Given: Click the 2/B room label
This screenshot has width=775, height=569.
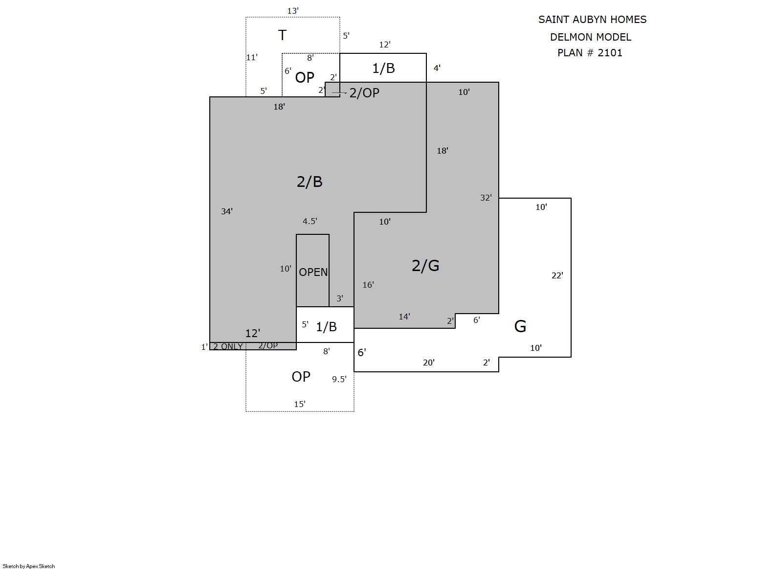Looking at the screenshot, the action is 310,182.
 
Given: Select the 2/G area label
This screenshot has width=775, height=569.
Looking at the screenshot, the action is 425,266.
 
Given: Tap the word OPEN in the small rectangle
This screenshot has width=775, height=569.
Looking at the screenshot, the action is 313,273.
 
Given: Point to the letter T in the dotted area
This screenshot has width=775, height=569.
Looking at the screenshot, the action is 282,35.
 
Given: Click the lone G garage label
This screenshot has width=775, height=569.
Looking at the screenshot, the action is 520,326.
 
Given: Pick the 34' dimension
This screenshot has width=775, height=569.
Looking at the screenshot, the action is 227,211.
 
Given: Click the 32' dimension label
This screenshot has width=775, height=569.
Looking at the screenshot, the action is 486,198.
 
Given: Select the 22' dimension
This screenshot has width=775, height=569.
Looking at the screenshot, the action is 557,275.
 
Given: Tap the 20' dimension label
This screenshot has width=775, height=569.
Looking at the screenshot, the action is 429,363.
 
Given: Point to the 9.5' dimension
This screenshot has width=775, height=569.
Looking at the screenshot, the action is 339,379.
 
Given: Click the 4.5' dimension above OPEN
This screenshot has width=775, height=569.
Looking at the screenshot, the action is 310,221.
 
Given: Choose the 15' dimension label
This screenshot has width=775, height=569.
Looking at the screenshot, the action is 300,404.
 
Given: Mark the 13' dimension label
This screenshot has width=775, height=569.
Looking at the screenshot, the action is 293,11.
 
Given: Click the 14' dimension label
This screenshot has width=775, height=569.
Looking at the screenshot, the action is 404,317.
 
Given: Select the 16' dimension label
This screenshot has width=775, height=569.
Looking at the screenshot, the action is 368,285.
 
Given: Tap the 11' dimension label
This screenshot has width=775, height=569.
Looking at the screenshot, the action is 252,57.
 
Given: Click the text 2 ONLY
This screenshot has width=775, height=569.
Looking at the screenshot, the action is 228,346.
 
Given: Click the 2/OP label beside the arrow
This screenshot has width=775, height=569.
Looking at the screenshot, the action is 364,93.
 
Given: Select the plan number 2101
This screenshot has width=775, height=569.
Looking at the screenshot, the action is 610,53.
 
